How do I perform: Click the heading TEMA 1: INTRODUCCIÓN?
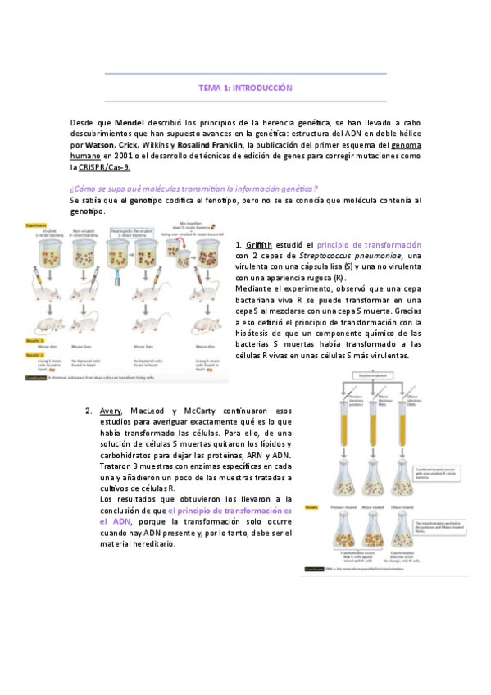245,87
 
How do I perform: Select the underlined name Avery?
111,410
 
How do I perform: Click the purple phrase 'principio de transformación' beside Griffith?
369,244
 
